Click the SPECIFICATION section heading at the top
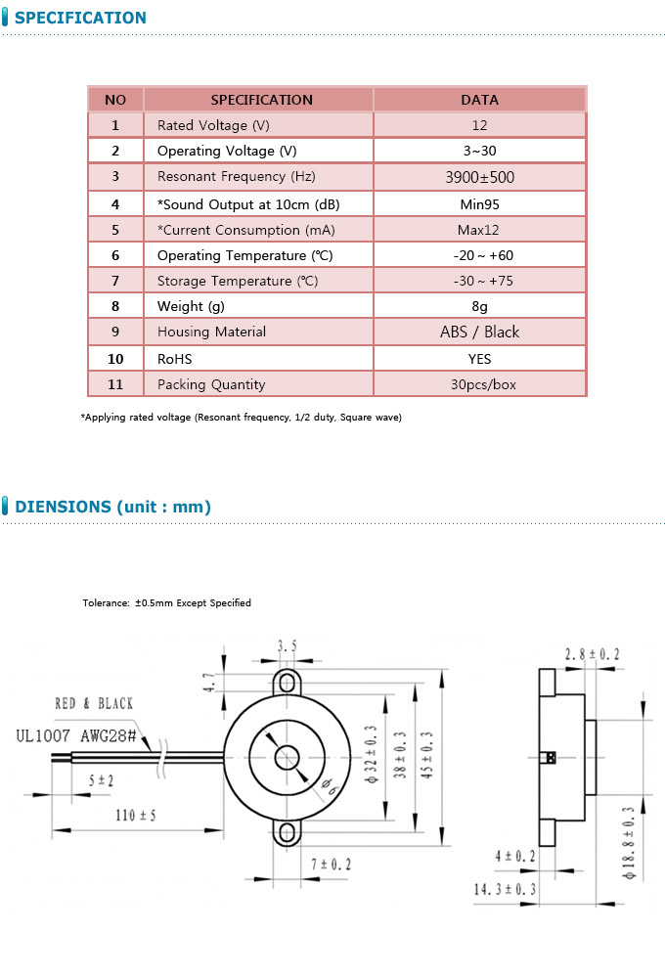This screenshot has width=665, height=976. (81, 18)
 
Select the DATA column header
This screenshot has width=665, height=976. (479, 100)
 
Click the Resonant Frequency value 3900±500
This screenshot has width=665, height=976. (479, 177)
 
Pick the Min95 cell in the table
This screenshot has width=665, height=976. (479, 204)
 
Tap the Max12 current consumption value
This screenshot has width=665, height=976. (479, 230)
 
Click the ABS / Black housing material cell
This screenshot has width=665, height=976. (479, 332)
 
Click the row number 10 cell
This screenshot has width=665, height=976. (115, 359)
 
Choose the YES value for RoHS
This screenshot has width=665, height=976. (479, 359)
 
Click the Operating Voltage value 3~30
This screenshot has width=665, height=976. (479, 151)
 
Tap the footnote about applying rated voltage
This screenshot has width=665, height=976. (241, 418)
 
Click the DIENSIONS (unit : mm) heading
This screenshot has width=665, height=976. (112, 507)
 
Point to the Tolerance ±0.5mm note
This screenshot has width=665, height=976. (166, 602)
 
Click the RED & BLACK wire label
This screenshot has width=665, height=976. (94, 703)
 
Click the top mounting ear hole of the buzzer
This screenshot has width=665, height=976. (287, 679)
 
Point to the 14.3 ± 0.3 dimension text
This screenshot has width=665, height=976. (505, 890)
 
